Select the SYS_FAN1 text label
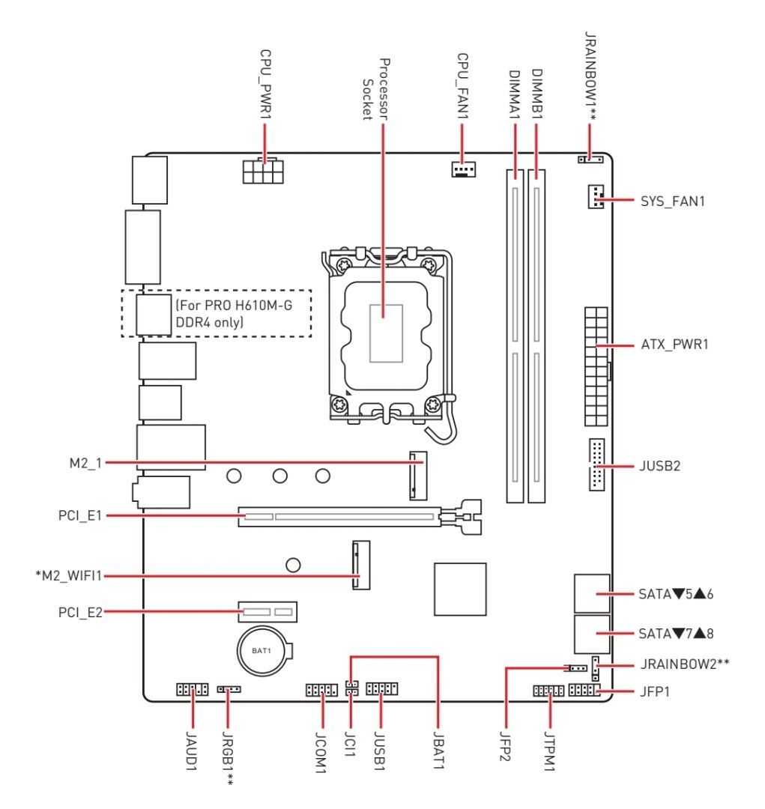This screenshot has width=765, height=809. coord(673,202)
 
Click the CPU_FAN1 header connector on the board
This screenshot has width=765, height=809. coord(464,169)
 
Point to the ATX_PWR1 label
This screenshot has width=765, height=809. coord(674,344)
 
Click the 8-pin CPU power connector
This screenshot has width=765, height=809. coord(263,172)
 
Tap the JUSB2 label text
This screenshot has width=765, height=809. coord(659,466)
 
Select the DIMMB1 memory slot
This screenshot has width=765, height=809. coord(536,336)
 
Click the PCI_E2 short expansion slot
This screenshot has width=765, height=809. coord(267,612)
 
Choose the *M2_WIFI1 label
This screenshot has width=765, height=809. coord(69,575)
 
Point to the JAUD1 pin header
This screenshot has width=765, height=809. coord(193,689)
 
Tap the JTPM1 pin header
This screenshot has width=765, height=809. coord(548,691)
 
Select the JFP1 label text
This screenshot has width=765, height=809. coord(655,691)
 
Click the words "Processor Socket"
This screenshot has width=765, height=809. coord(375,89)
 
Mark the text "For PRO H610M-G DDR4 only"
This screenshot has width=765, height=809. coord(235,314)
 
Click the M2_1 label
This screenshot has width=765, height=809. coord(85,463)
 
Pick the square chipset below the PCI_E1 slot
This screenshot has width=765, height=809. coord(460,590)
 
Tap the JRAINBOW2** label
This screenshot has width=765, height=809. coord(685,664)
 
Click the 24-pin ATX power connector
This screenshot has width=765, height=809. coord(596,366)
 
